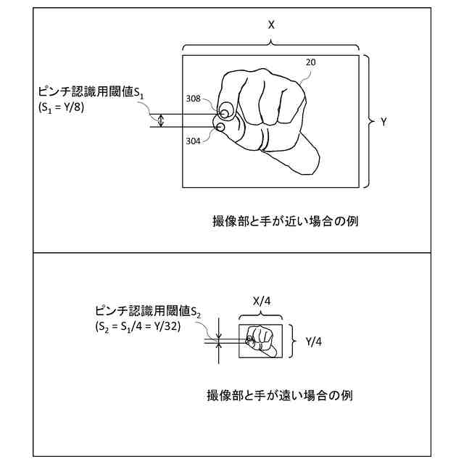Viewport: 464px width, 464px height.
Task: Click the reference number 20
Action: pyautogui.click(x=310, y=63)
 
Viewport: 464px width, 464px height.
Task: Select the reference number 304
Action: pyautogui.click(x=193, y=141)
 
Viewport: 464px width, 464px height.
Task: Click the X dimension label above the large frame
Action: pyautogui.click(x=271, y=24)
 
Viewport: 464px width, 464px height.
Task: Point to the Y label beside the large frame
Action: pyautogui.click(x=383, y=122)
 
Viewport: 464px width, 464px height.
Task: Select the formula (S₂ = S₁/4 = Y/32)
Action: pyautogui.click(x=138, y=326)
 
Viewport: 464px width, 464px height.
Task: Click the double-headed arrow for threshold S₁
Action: pyautogui.click(x=161, y=121)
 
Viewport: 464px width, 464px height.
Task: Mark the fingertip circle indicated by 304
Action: pyautogui.click(x=220, y=128)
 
